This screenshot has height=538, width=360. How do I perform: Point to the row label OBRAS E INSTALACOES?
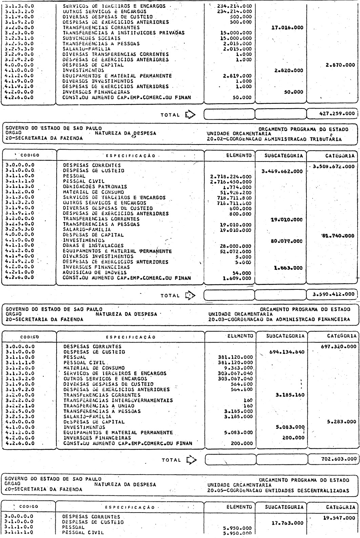[x=93, y=246]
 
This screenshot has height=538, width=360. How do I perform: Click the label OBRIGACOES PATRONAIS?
[x=95, y=187]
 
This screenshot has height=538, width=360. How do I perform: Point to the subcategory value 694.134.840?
[x=286, y=352]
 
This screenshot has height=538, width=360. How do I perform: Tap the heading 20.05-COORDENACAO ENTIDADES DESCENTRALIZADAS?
[x=279, y=490]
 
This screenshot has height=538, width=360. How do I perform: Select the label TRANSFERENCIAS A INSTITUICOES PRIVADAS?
[x=124, y=33]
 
